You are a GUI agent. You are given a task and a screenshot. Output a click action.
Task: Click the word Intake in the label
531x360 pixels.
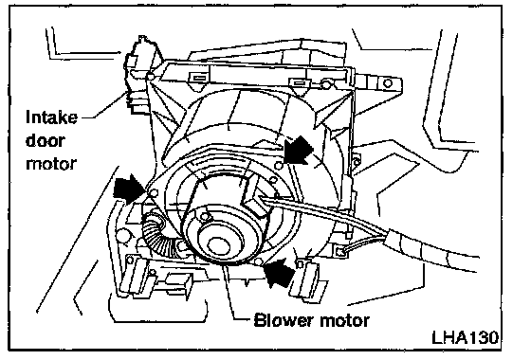point(51,117)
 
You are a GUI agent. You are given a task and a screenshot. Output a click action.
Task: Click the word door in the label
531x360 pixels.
point(46,140)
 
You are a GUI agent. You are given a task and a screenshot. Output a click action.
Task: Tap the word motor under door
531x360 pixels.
point(51,164)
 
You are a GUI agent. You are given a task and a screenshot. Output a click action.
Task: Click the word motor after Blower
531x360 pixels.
point(341,320)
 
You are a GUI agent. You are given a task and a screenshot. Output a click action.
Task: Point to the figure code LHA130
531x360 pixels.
point(466,337)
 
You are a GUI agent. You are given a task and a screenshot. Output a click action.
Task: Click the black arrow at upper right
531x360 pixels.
point(297,150)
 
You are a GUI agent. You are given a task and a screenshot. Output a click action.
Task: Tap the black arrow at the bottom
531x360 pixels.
point(278,272)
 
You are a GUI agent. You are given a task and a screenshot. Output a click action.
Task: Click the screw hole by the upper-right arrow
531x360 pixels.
point(279,166)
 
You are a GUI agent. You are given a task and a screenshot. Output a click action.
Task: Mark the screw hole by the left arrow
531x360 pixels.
point(154,193)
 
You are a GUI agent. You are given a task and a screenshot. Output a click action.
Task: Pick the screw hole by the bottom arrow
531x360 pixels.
point(258,261)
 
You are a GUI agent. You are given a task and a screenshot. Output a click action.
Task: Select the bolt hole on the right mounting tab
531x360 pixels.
point(388,83)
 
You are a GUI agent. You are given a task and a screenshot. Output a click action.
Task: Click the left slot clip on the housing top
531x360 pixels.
point(199,79)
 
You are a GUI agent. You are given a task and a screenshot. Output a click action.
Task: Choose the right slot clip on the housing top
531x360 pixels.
point(299,82)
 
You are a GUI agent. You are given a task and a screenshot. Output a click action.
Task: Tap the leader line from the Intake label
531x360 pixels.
point(105,105)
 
